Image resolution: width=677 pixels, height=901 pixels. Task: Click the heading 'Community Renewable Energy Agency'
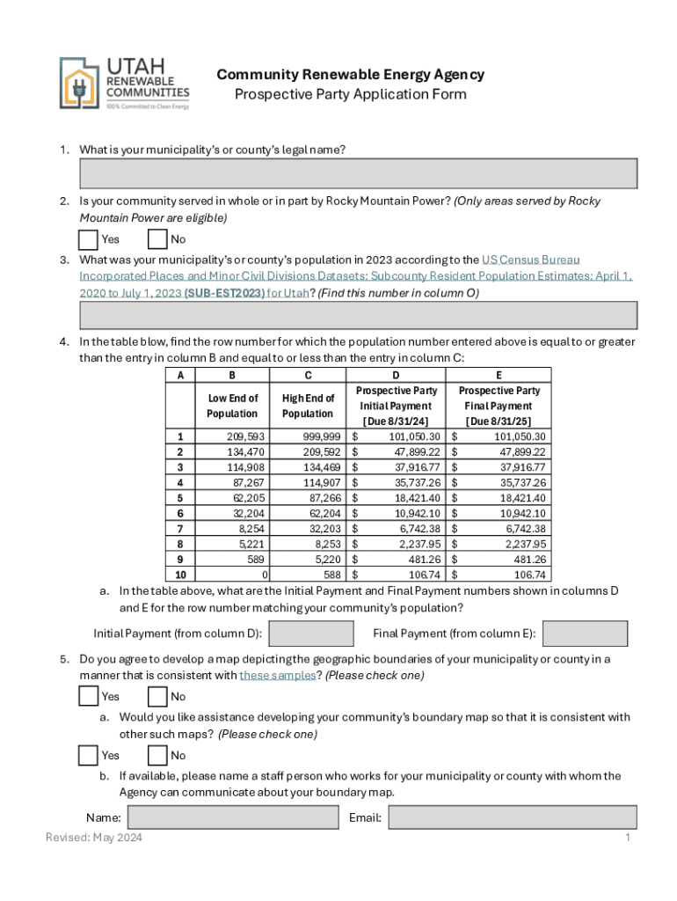(350, 75)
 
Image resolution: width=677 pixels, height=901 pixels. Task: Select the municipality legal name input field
(358, 173)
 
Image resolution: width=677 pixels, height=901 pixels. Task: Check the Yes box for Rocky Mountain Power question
(88, 239)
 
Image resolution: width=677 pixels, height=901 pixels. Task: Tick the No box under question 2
(157, 239)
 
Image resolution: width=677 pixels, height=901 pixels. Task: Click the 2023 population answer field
(358, 315)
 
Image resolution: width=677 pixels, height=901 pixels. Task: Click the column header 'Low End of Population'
(232, 406)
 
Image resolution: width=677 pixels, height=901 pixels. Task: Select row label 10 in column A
(180, 575)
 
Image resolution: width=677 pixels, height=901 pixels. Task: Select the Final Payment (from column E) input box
(585, 634)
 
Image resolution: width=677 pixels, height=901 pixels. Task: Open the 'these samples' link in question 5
(277, 676)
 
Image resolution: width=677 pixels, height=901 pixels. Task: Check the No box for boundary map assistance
(157, 755)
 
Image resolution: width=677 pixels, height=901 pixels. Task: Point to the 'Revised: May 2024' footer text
(94, 838)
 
